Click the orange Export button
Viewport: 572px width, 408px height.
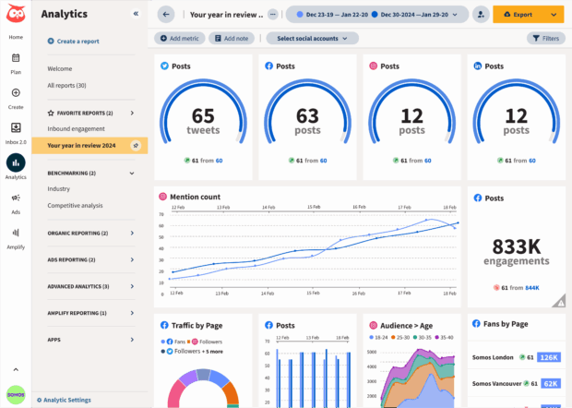click(x=522, y=15)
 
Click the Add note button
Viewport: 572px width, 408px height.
click(x=231, y=38)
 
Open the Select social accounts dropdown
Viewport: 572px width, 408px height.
click(x=312, y=38)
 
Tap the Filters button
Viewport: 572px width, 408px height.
click(x=546, y=38)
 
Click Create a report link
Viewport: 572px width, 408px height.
click(x=78, y=42)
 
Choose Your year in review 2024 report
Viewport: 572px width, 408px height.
click(x=81, y=145)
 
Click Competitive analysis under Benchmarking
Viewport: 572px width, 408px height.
click(x=76, y=205)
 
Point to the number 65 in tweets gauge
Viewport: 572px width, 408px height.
click(x=203, y=116)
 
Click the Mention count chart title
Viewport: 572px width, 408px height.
click(x=196, y=197)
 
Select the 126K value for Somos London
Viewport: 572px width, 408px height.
click(x=549, y=357)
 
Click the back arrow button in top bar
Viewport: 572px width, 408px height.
click(x=166, y=15)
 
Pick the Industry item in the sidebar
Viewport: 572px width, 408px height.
click(x=59, y=188)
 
